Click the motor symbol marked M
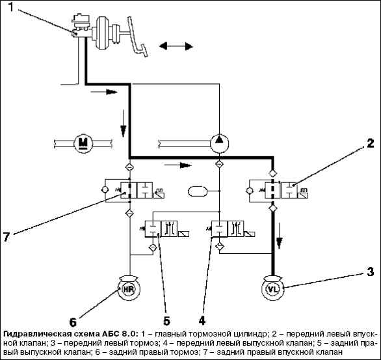pos(83,143)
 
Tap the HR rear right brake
pos(129,289)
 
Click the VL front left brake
pos(273,288)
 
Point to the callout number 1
pos(11,7)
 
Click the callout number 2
pos(370,143)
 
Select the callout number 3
pos(370,271)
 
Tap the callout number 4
pos(202,320)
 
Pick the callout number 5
pos(166,320)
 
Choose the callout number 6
pos(73,322)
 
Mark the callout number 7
pos(7,236)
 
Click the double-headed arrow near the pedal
pos(176,46)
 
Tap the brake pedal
pos(137,36)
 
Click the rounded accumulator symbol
pos(197,191)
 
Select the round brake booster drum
pos(102,33)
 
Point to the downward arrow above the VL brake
pos(280,236)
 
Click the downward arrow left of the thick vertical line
pos(124,123)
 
